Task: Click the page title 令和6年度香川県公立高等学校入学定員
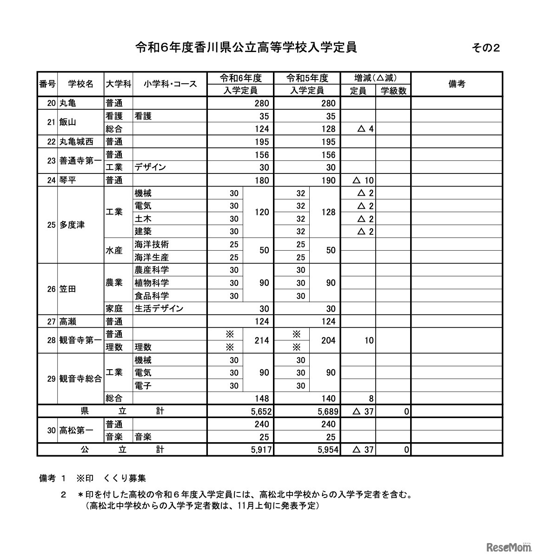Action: [246, 47]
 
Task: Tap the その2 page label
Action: [485, 47]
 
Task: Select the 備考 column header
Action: [457, 84]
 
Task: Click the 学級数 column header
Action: [393, 91]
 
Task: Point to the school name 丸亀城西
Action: [76, 142]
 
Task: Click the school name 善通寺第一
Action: [80, 161]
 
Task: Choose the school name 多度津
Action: [72, 225]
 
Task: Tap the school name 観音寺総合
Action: [80, 379]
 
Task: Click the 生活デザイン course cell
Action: [159, 308]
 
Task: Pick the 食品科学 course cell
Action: [152, 296]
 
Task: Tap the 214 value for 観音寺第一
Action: [262, 340]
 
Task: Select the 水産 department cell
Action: [114, 251]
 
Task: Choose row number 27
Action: [51, 321]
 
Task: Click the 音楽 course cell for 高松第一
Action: [143, 437]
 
